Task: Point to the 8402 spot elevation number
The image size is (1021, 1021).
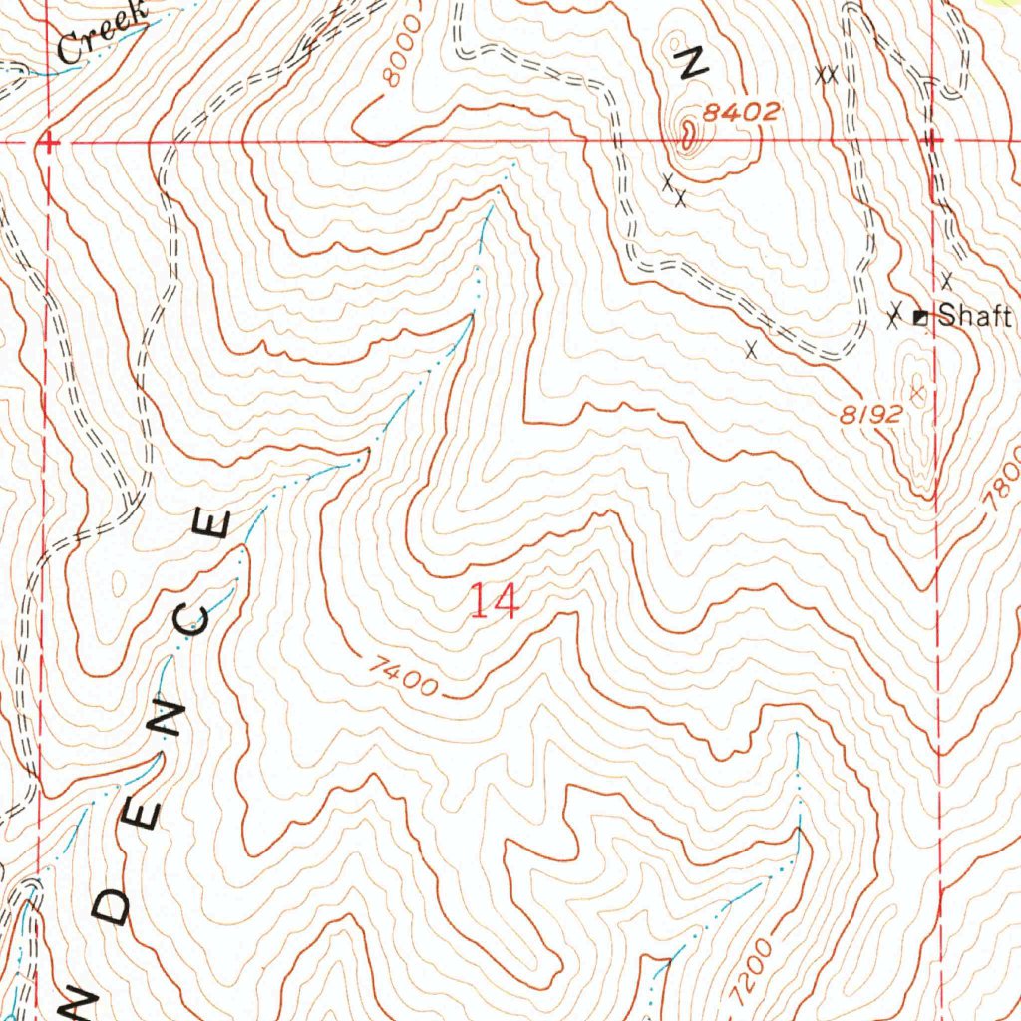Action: pos(740,114)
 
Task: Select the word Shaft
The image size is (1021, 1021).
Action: pos(976,317)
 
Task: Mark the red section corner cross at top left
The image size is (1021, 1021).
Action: pos(47,145)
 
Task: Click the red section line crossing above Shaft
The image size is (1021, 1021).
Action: pos(930,142)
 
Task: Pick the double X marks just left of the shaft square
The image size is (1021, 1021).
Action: pos(896,317)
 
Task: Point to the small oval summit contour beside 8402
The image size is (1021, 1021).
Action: pos(688,131)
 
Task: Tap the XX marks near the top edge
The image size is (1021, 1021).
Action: pos(826,74)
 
